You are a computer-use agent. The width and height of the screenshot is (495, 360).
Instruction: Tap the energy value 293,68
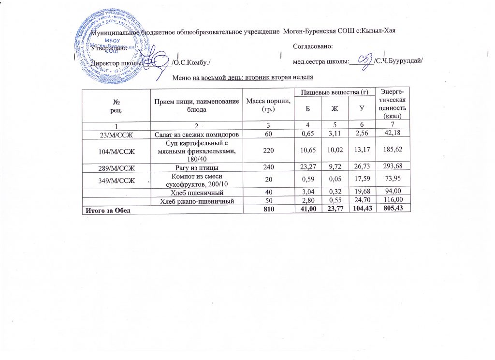(393, 167)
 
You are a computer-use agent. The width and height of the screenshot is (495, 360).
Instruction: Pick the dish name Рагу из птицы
(197, 167)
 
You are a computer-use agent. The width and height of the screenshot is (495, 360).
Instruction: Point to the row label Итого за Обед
(108, 209)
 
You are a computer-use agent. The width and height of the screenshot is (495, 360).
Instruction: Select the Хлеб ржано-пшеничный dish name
(197, 199)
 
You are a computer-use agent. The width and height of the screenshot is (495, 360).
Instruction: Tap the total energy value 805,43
(393, 209)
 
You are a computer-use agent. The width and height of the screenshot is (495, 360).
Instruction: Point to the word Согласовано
(312, 46)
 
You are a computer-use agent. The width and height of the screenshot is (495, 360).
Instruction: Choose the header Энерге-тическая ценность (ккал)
(393, 104)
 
